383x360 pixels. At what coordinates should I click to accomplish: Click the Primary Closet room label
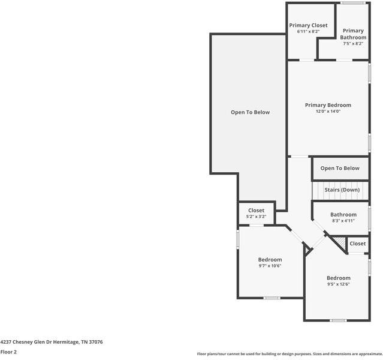click(x=308, y=25)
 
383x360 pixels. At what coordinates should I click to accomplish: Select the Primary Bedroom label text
click(x=328, y=105)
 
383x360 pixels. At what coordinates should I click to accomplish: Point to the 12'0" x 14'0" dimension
click(x=328, y=112)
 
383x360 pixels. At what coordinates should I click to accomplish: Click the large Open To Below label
click(x=251, y=112)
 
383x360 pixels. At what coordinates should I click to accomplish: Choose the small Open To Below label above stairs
click(x=340, y=169)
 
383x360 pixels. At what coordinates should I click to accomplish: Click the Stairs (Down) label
click(x=342, y=190)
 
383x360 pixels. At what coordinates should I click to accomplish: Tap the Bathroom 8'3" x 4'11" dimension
click(x=343, y=221)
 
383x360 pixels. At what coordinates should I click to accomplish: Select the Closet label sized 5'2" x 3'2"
click(x=256, y=211)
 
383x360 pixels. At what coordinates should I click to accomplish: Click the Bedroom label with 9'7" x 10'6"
click(x=270, y=260)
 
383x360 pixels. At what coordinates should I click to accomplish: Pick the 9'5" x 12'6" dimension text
click(x=339, y=284)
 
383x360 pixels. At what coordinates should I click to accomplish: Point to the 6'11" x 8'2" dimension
click(x=308, y=31)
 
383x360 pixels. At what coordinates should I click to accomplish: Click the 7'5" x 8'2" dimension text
click(x=353, y=43)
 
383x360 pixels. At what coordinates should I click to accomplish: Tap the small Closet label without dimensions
click(x=358, y=244)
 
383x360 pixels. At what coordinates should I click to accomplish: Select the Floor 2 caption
click(x=8, y=352)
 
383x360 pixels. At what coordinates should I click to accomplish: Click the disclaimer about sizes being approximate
click(x=289, y=354)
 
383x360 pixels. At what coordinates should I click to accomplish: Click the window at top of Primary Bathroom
click(x=353, y=3)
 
